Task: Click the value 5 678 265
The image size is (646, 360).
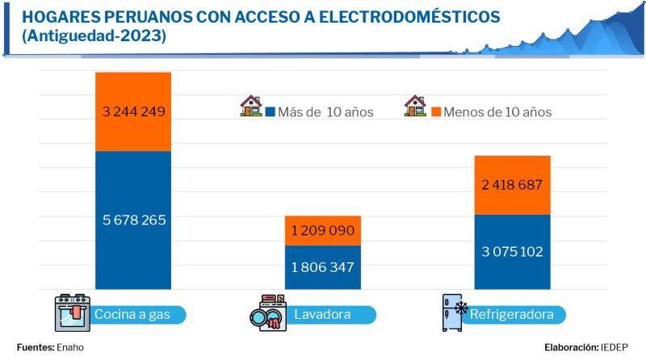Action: [x=133, y=220]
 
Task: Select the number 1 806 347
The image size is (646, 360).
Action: [x=323, y=266]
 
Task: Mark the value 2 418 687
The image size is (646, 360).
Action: [x=513, y=186]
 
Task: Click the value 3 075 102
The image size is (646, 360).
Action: [x=513, y=251]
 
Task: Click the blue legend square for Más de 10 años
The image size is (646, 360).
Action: [x=271, y=111]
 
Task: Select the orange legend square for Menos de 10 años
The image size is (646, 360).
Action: [x=435, y=111]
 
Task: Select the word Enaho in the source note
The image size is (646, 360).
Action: [x=70, y=347]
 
